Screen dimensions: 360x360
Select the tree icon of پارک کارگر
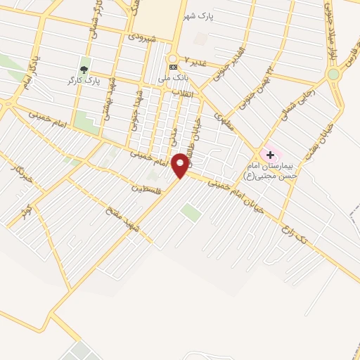pyautogui.click(x=84, y=70)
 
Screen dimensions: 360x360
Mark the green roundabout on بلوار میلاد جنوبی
pyautogui.click(x=333, y=74)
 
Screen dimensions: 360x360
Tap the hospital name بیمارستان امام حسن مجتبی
pyautogui.click(x=271, y=169)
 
